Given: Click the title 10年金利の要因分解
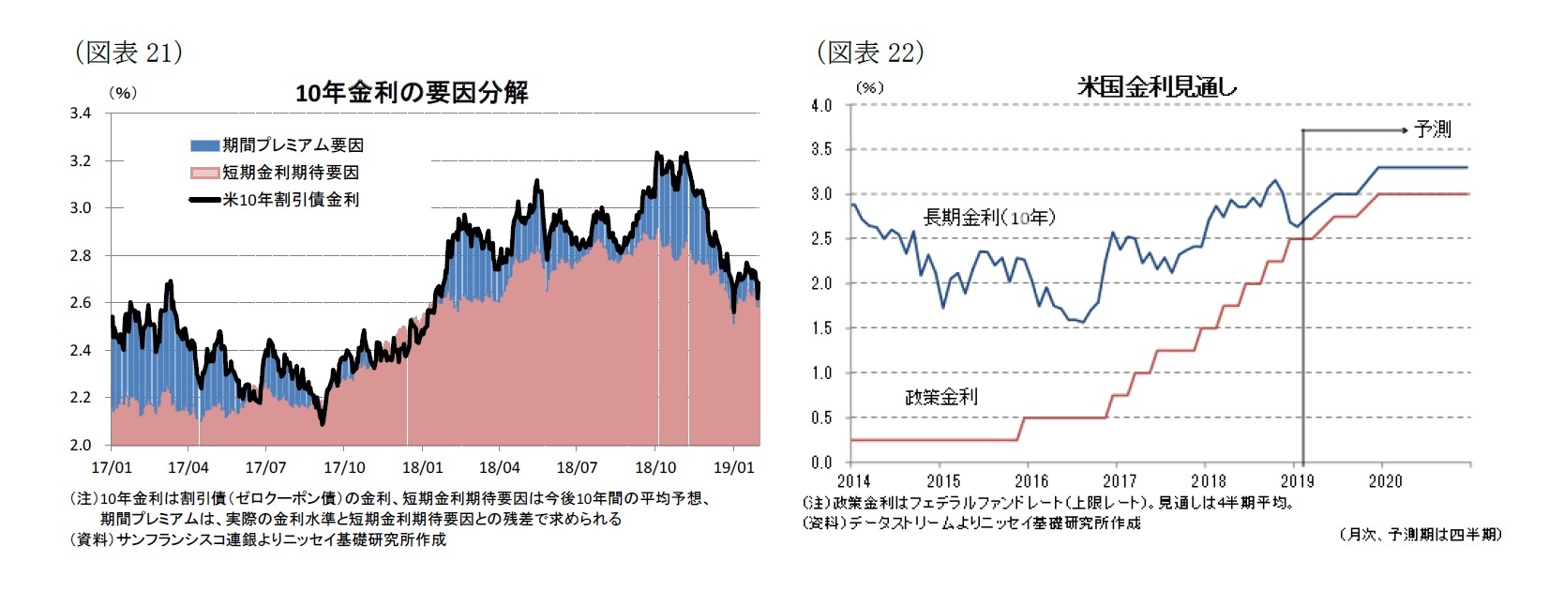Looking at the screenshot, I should tap(411, 93).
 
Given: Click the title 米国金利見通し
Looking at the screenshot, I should tap(1156, 87).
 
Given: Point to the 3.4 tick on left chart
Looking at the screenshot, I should tap(81, 114).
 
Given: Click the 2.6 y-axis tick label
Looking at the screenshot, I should tap(81, 303).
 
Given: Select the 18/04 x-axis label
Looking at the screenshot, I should tap(499, 467).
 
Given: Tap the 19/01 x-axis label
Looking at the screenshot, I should tap(733, 467).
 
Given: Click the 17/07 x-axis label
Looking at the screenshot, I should tap(265, 467).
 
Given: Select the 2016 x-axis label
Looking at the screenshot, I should tap(1030, 481).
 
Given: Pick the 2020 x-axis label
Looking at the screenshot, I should tap(1385, 481).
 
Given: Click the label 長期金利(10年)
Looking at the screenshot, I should tap(988, 218).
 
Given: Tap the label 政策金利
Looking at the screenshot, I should tap(940, 397).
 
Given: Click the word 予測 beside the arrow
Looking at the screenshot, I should tap(1432, 129).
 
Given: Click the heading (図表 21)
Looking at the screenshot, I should tap(128, 53).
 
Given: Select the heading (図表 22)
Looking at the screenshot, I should tap(870, 53).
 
